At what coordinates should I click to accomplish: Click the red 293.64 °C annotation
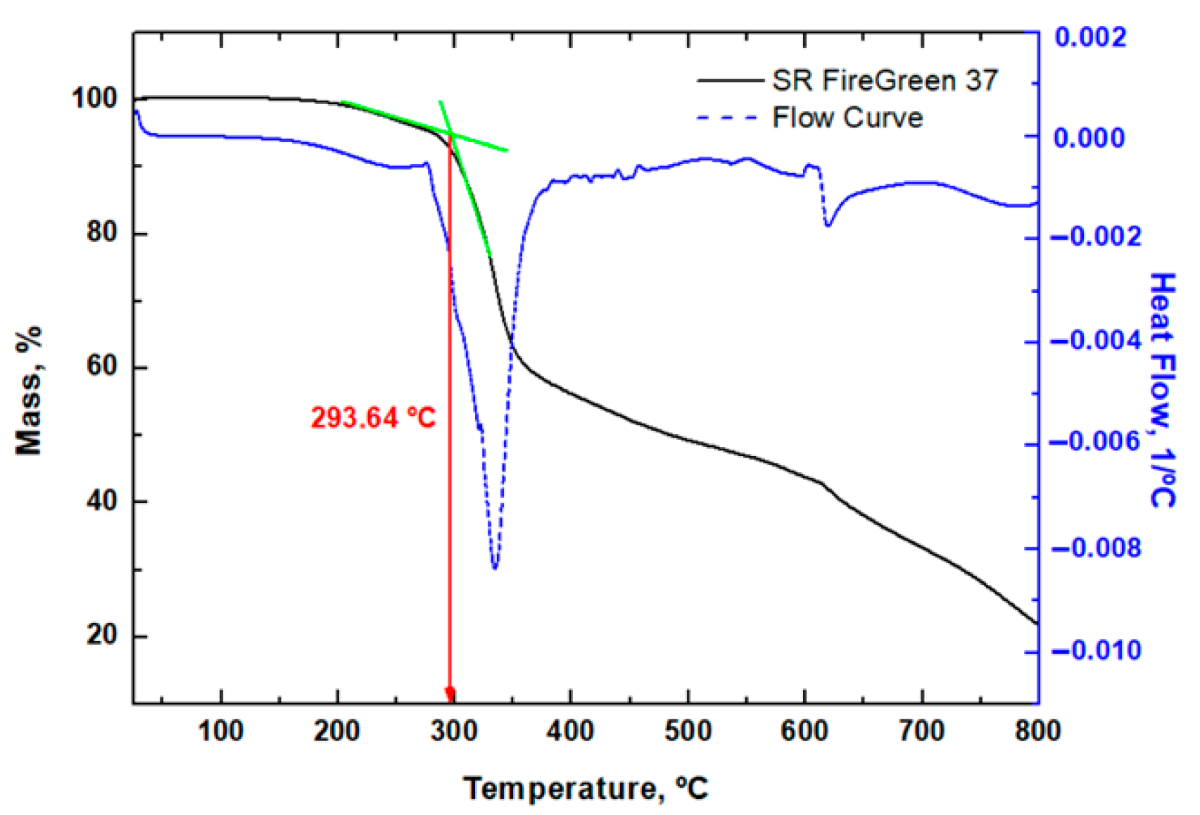pyautogui.click(x=373, y=418)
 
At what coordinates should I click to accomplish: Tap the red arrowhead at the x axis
pyautogui.click(x=450, y=695)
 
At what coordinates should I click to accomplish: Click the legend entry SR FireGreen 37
pyautogui.click(x=885, y=81)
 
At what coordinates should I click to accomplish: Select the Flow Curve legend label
pyautogui.click(x=847, y=118)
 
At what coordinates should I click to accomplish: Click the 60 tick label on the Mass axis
pyautogui.click(x=101, y=367)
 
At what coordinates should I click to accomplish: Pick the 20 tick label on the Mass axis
pyautogui.click(x=101, y=635)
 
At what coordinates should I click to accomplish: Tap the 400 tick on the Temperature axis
pyautogui.click(x=570, y=731)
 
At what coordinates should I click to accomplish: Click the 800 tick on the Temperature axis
pyautogui.click(x=1037, y=731)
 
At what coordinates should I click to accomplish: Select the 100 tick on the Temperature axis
pyautogui.click(x=221, y=731)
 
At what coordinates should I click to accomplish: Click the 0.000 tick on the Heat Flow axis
pyautogui.click(x=1089, y=137)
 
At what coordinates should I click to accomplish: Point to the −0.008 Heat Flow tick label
pyautogui.click(x=1096, y=548)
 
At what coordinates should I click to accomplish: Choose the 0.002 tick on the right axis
pyautogui.click(x=1090, y=37)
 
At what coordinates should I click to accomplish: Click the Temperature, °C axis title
pyautogui.click(x=586, y=788)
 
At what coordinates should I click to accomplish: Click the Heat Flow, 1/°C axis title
pyautogui.click(x=1162, y=391)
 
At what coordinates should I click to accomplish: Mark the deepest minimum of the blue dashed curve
pyautogui.click(x=495, y=567)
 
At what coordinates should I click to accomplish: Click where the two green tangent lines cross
pyautogui.click(x=450, y=134)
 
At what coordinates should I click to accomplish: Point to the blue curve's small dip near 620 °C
pyautogui.click(x=828, y=225)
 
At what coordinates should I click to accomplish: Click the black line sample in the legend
pyautogui.click(x=731, y=81)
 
